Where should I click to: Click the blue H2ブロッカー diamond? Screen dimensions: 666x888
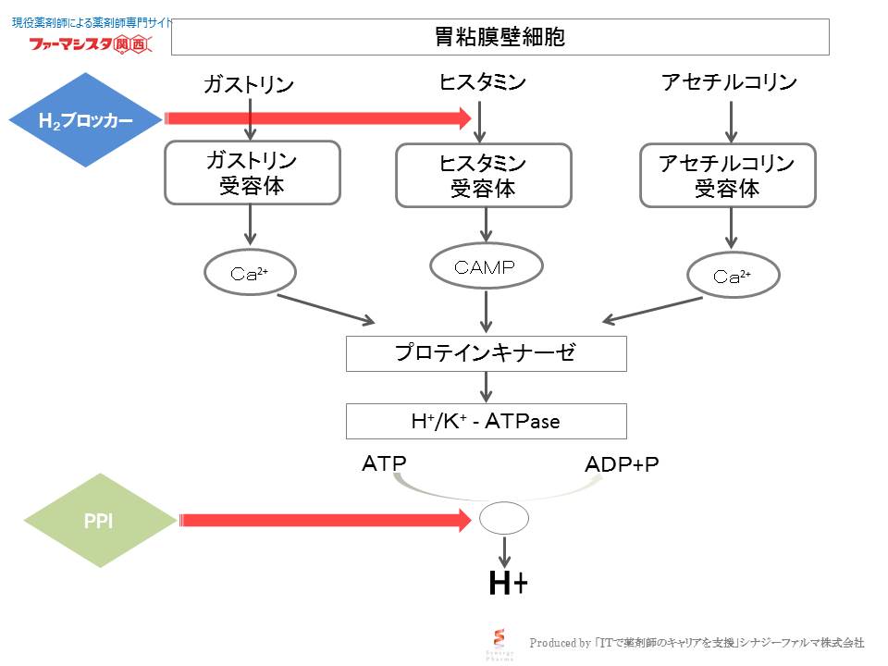tap(85, 120)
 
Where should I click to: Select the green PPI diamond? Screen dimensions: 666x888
tap(99, 522)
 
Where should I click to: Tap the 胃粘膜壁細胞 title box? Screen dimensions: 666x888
tap(499, 37)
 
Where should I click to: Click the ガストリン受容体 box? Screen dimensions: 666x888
tap(251, 173)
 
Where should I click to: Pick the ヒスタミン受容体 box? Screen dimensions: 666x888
tap(484, 175)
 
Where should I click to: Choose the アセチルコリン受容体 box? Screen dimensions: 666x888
tap(728, 175)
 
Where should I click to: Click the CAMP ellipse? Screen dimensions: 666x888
tap(484, 267)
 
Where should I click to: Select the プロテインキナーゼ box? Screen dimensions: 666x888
tap(486, 352)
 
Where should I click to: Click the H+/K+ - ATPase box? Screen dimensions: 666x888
tap(486, 421)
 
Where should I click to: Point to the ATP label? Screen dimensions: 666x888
tap(384, 462)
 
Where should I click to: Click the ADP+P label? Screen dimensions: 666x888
tap(622, 464)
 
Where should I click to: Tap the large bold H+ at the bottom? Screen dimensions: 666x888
tap(508, 583)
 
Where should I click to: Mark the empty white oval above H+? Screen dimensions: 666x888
tap(504, 519)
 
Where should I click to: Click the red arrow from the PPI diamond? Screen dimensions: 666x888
tap(324, 521)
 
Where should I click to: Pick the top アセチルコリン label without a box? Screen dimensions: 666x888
tap(729, 82)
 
